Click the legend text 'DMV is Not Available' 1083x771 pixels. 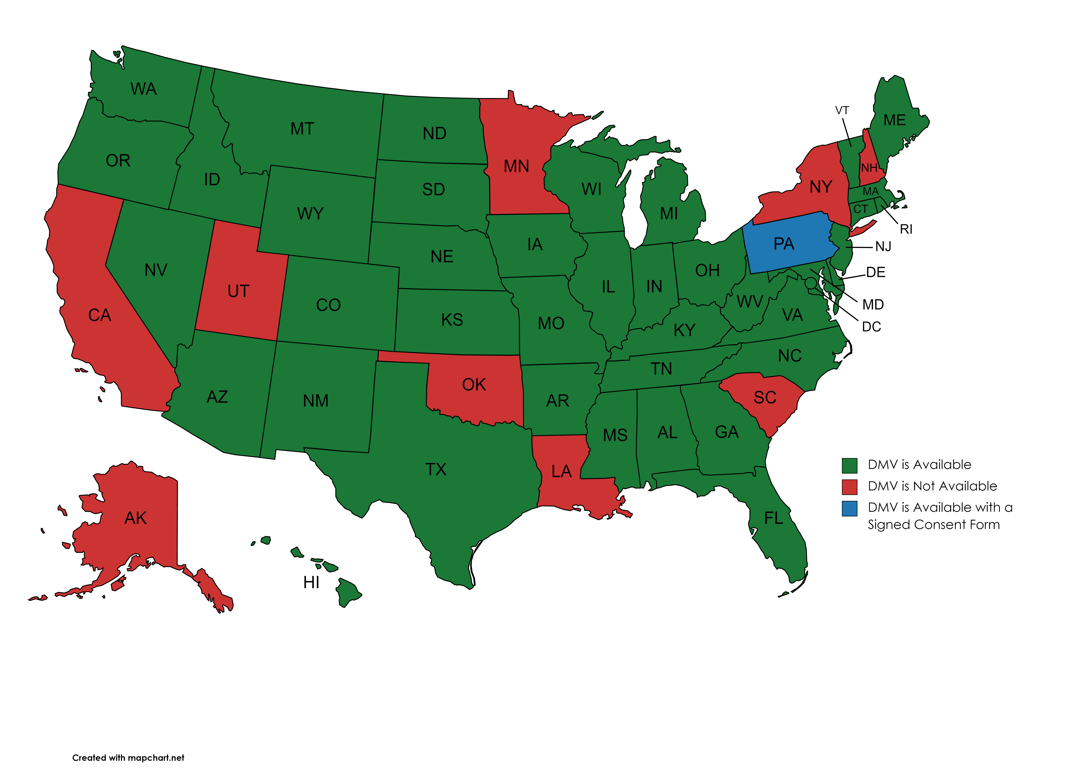pyautogui.click(x=932, y=486)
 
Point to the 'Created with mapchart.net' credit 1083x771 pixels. pyautogui.click(x=128, y=758)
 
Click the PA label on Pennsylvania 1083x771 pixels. pyautogui.click(x=784, y=244)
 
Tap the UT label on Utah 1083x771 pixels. pyautogui.click(x=238, y=291)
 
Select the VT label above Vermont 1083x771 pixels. pyautogui.click(x=842, y=111)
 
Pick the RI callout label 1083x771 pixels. pyautogui.click(x=906, y=229)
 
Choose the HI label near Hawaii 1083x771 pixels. pyautogui.click(x=311, y=582)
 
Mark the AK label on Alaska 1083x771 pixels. pyautogui.click(x=136, y=518)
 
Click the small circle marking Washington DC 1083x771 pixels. pyautogui.click(x=811, y=283)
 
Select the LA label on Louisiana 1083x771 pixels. pyautogui.click(x=561, y=471)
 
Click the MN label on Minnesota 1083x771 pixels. pyautogui.click(x=516, y=166)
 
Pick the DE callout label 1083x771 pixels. pyautogui.click(x=876, y=273)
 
